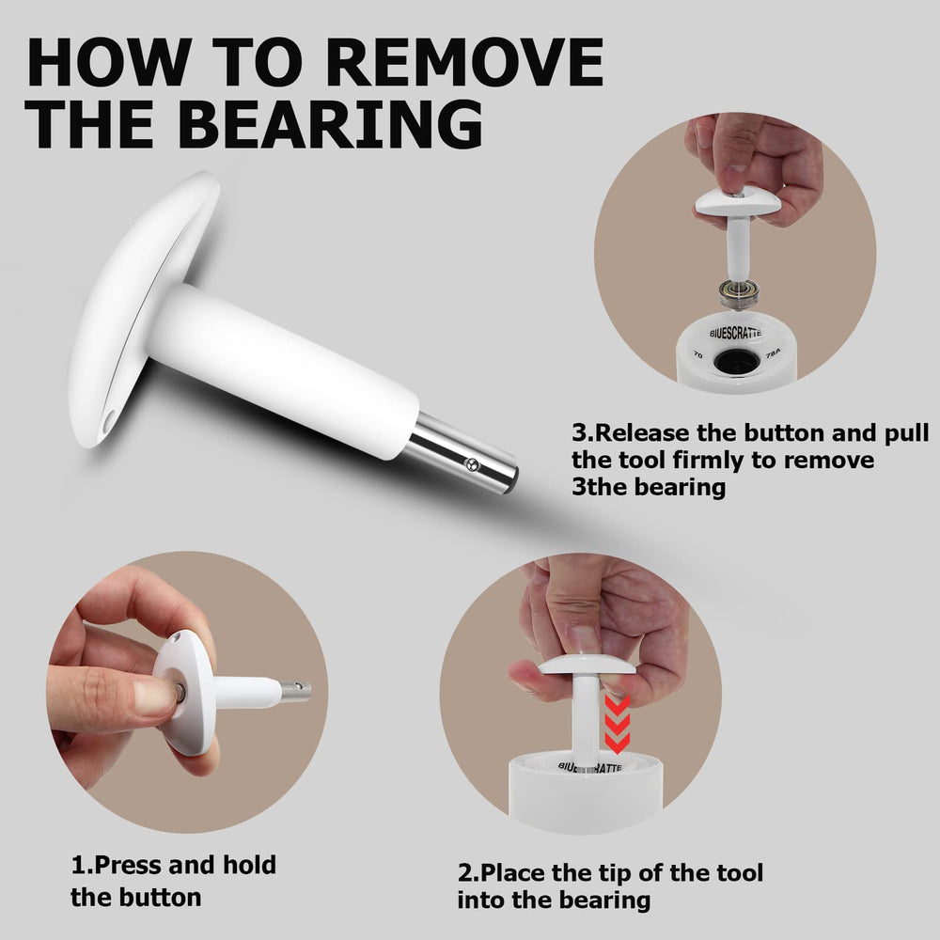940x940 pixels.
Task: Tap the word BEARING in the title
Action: tap(330, 123)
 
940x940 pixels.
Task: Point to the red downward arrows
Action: tap(618, 724)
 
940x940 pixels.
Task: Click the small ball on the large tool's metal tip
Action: tap(473, 463)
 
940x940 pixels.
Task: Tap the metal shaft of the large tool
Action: tap(462, 453)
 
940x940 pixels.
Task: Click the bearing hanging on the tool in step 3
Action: tap(741, 293)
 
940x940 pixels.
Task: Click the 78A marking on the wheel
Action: tap(774, 353)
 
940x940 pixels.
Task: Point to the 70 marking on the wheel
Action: tap(697, 355)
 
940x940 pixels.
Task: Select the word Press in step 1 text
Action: tap(128, 865)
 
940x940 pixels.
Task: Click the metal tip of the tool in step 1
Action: tap(296, 691)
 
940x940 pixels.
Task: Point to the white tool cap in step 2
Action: tap(587, 665)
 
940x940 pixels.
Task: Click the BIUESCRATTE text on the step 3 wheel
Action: tap(736, 333)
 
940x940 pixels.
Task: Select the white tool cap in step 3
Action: tap(737, 202)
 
